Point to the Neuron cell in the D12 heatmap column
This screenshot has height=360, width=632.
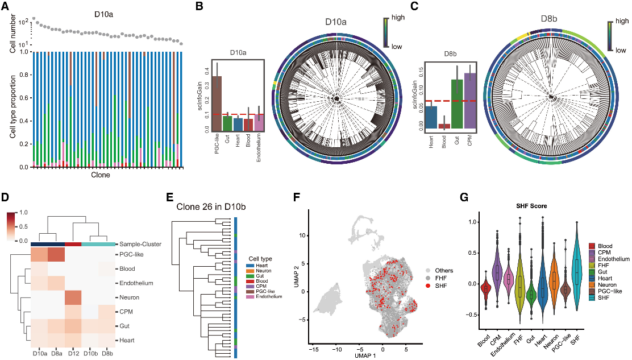click(74, 297)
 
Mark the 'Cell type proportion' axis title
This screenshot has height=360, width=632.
click(12, 109)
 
